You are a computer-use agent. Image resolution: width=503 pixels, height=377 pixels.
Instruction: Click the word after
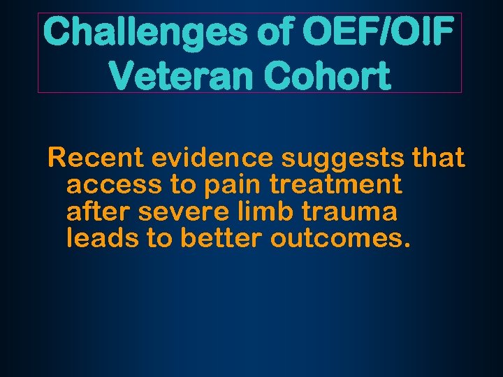(97, 212)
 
